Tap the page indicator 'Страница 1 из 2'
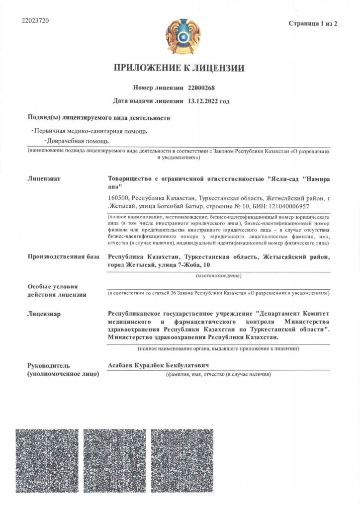[x=313, y=24]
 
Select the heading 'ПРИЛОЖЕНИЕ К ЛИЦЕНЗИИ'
[x=180, y=69]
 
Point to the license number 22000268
[x=201, y=88]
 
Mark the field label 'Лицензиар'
[x=44, y=313]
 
